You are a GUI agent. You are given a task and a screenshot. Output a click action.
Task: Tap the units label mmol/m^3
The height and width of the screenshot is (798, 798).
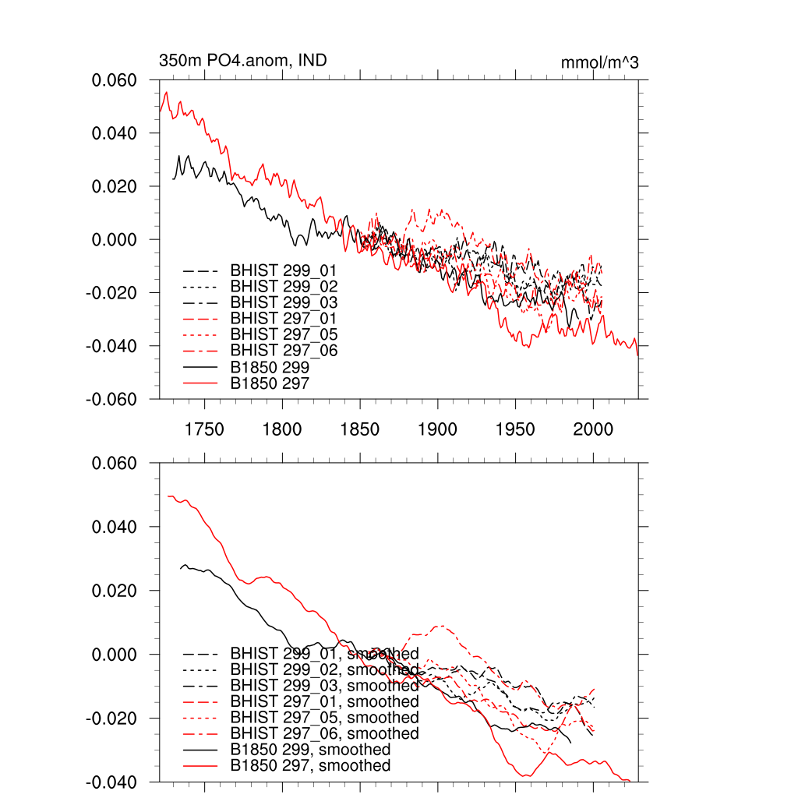pos(599,62)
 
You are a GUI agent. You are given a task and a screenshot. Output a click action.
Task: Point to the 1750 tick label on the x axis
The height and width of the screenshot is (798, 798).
pos(204,429)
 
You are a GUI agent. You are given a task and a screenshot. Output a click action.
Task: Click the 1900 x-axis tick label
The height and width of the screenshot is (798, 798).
pos(438,429)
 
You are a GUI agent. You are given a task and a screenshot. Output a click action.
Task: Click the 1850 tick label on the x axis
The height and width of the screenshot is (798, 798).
pos(360,429)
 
